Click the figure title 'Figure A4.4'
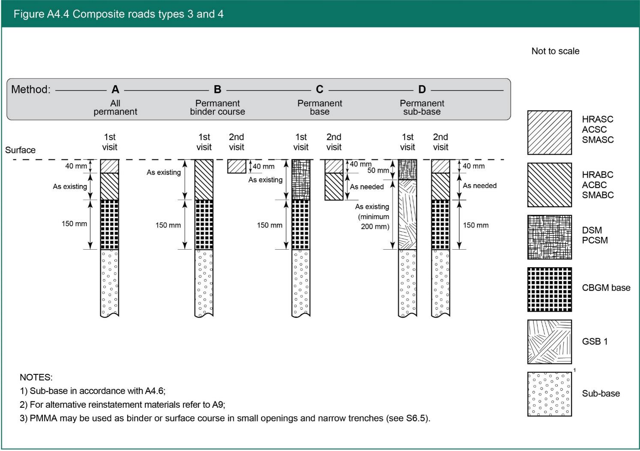coord(41,14)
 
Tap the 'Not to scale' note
coord(555,51)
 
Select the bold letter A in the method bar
coord(115,90)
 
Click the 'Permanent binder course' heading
coord(218,108)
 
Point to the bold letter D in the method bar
coord(422,90)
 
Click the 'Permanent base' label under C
coord(320,108)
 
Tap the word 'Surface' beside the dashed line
coord(20,150)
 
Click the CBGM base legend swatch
coord(549,290)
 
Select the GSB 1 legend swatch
coord(549,342)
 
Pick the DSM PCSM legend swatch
coord(549,237)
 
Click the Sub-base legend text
coord(601,394)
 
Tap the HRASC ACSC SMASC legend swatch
coord(549,132)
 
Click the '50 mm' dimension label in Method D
coord(378,170)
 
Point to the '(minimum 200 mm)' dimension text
coord(374,221)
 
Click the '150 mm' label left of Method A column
coord(74,224)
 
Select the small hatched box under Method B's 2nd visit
coord(236,166)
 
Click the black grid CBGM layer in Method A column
coord(109,224)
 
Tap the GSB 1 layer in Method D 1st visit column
coord(407,214)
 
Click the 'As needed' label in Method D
coord(479,186)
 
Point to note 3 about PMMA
coord(225,418)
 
